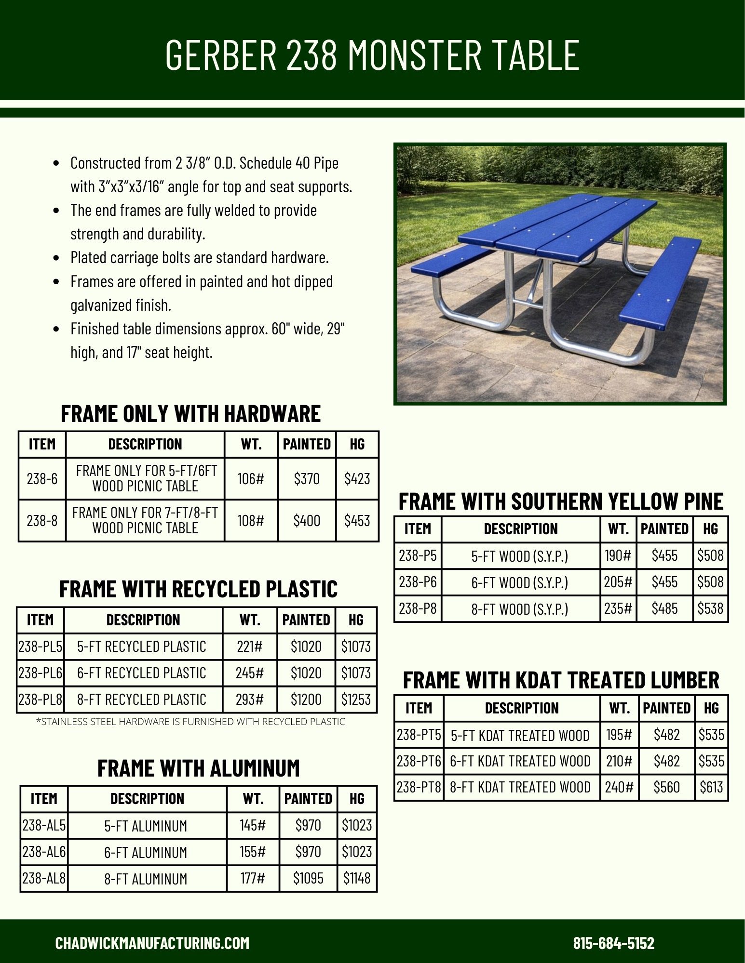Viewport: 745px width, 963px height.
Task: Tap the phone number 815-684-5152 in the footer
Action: tap(613, 943)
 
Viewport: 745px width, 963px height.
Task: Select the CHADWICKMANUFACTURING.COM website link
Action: tap(152, 943)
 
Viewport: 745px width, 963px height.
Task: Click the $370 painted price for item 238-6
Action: tap(307, 479)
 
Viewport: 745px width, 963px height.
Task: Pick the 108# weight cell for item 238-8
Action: tap(251, 521)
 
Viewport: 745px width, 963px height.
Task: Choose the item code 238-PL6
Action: tap(41, 673)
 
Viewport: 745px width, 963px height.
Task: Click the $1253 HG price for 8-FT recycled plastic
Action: tap(356, 699)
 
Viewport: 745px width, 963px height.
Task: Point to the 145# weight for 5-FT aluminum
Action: tap(253, 826)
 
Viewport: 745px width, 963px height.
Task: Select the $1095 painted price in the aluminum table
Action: tap(308, 879)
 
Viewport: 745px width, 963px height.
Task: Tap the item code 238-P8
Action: tap(418, 609)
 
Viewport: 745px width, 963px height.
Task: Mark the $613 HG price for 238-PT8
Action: tap(711, 788)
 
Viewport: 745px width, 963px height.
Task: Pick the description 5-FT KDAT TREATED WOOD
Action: tap(520, 736)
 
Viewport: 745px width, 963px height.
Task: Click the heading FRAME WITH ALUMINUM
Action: tap(198, 768)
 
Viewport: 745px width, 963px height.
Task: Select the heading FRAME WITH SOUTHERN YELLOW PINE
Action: tap(561, 501)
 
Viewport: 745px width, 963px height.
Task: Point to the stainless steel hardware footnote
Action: tap(191, 722)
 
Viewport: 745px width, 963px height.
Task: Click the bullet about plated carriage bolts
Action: tap(199, 258)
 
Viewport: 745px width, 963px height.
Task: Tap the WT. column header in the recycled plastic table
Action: tap(250, 620)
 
